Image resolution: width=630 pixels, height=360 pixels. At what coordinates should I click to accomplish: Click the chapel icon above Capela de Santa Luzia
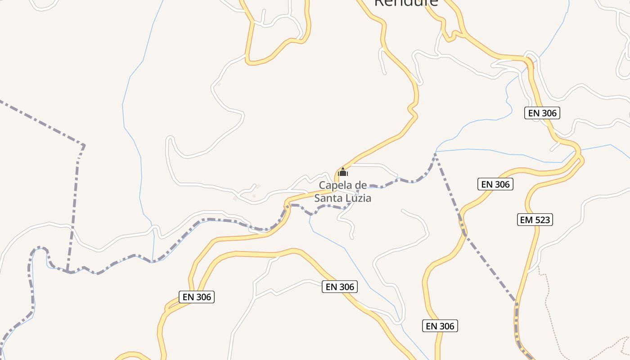[343, 172]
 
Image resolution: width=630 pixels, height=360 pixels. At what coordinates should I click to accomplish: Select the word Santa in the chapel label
[328, 198]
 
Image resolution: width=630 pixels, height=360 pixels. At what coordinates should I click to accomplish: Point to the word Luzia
[359, 198]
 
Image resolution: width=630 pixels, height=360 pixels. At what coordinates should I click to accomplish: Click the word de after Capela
[361, 185]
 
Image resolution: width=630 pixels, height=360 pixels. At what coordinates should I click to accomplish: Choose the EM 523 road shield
[535, 220]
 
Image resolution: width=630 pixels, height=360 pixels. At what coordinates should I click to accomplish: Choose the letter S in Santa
[317, 198]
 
